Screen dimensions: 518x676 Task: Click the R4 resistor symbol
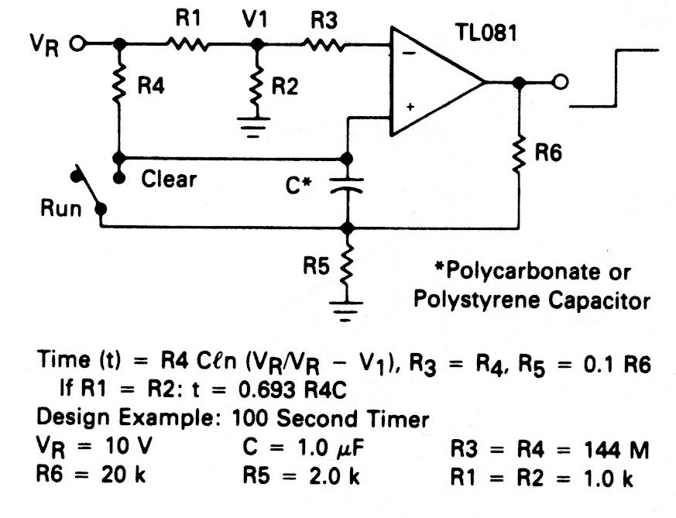pyautogui.click(x=119, y=87)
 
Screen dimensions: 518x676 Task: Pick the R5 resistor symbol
pyautogui.click(x=347, y=264)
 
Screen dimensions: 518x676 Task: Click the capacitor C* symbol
pyautogui.click(x=347, y=185)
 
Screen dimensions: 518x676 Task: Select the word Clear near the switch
pyautogui.click(x=169, y=179)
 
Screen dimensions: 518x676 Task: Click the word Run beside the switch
pyautogui.click(x=61, y=209)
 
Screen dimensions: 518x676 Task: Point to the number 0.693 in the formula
pyautogui.click(x=201, y=400)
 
